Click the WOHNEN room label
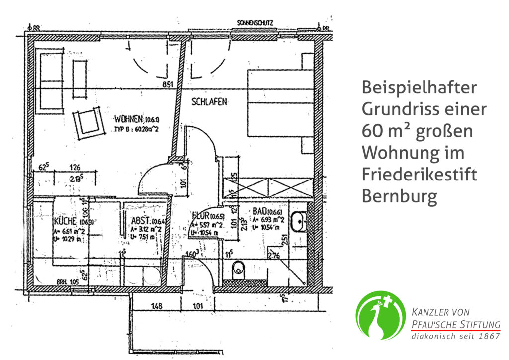128,120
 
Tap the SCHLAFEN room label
209,102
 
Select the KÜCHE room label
65,222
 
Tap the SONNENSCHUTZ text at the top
254,23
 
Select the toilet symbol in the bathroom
239,271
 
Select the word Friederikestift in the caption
419,175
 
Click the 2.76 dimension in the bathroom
274,256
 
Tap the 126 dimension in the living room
75,168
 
